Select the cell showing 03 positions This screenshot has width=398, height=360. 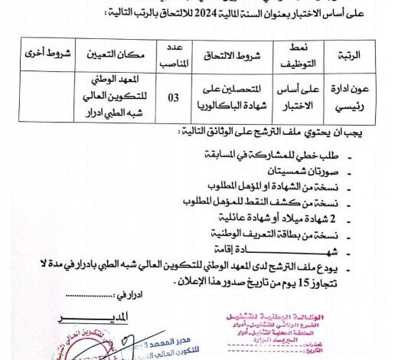[x=174, y=97]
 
